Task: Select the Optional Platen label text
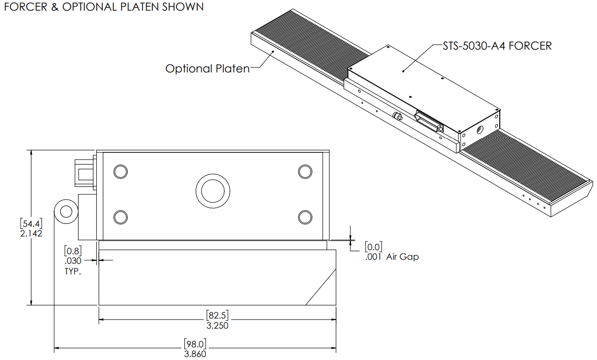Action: click(208, 69)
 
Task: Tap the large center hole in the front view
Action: click(213, 191)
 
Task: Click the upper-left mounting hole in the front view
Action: click(120, 172)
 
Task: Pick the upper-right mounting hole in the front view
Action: click(305, 172)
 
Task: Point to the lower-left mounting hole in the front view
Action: click(120, 217)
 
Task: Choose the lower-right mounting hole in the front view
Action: click(305, 217)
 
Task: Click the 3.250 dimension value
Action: click(218, 326)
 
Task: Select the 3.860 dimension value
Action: click(195, 354)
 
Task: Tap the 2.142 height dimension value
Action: click(31, 233)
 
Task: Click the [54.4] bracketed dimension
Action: click(31, 224)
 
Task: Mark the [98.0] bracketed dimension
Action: click(195, 344)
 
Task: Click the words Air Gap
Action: click(403, 257)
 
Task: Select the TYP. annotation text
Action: click(73, 271)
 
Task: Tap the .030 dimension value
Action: click(73, 261)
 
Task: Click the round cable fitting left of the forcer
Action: click(65, 210)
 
